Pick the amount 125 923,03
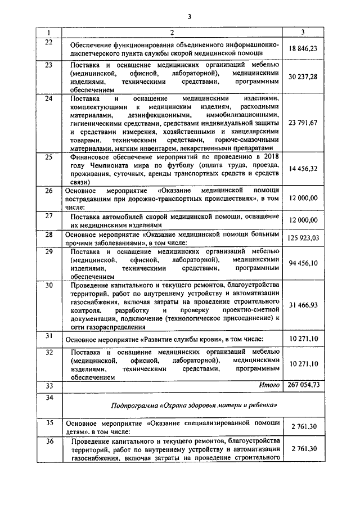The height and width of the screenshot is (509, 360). click(x=303, y=238)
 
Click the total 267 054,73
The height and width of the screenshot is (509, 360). click(x=303, y=385)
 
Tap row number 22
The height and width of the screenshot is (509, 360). click(x=48, y=43)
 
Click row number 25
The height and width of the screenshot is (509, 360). click(x=48, y=156)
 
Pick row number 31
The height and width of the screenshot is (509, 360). click(x=48, y=336)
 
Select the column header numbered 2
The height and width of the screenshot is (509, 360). click(x=172, y=33)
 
